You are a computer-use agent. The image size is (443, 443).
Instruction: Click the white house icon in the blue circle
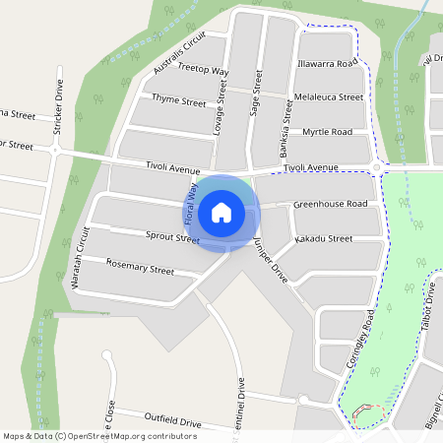[221, 212]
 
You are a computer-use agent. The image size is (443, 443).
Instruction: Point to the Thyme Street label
[178, 101]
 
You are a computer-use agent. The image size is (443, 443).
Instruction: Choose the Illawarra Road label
[327, 63]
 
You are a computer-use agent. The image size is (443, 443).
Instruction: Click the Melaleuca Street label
[329, 97]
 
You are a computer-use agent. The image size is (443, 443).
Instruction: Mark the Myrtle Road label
[327, 132]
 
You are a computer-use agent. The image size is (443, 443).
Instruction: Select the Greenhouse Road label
[330, 204]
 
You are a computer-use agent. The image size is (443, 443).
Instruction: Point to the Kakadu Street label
[324, 238]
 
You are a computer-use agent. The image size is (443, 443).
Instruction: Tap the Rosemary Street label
[140, 267]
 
